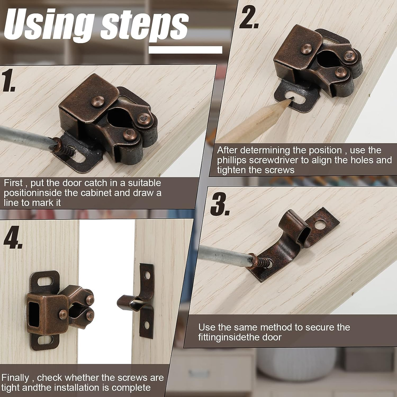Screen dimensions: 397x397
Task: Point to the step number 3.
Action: (x=220, y=204)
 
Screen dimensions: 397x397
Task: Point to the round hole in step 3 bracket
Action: (x=323, y=225)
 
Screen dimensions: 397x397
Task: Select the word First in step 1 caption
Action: (x=13, y=183)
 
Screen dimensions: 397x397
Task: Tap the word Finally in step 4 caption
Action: (x=15, y=378)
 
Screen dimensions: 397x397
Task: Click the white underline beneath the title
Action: (x=185, y=50)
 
